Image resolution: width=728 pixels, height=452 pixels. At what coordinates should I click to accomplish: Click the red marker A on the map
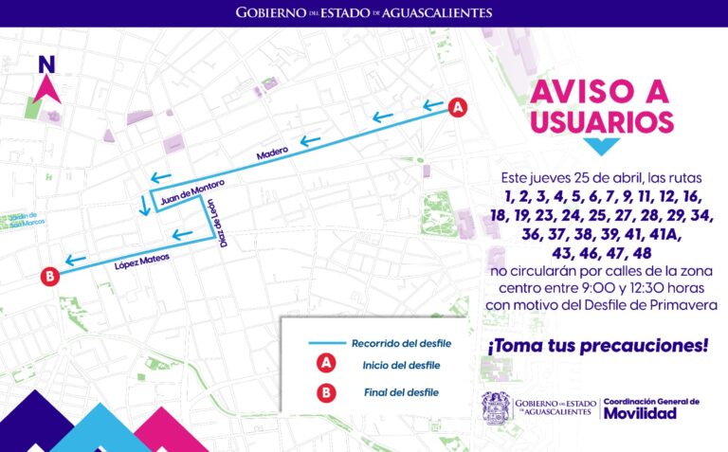pos(457,108)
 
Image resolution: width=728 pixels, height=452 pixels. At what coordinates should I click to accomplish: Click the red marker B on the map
pos(50,277)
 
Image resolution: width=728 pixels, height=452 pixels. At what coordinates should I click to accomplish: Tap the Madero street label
pos(271,154)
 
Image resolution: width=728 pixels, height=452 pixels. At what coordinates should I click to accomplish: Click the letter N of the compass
pos(46,65)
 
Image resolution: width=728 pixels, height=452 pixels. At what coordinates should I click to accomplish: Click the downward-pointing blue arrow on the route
pos(144,205)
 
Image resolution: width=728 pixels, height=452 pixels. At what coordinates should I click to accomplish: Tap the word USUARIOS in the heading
pos(602,121)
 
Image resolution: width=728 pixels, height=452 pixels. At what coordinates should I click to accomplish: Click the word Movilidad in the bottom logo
pos(640,413)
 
